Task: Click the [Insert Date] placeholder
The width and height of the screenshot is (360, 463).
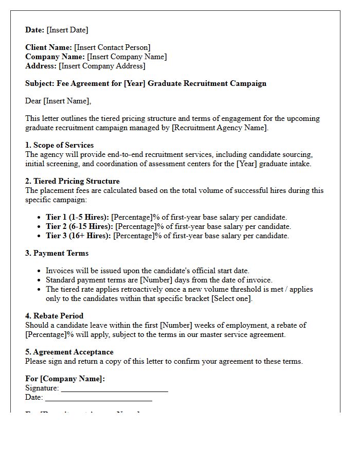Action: coord(67,30)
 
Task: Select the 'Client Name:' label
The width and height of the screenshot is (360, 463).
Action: coord(49,47)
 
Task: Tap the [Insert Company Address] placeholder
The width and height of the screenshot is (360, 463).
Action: coord(102,66)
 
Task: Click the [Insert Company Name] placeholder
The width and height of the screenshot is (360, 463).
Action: coord(127,57)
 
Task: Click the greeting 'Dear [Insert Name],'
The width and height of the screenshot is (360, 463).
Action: coord(58,101)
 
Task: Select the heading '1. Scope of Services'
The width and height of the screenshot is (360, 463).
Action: coord(59,145)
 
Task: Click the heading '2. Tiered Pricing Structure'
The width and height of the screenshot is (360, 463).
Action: coord(72,181)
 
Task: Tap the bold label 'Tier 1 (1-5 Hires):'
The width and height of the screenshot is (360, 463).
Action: coord(77,217)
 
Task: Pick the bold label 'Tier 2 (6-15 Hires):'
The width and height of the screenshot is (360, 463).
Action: coord(79,226)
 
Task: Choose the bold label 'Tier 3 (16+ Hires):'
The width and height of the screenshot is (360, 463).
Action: coord(78,236)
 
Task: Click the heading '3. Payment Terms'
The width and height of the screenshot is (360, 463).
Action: coord(57,253)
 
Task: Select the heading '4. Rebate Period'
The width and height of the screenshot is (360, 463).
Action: coord(54,316)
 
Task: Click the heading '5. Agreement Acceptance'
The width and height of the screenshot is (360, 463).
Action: coord(69,352)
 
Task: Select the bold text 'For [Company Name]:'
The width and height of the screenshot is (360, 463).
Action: coord(65,379)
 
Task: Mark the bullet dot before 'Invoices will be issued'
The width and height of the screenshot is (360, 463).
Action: coord(40,271)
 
